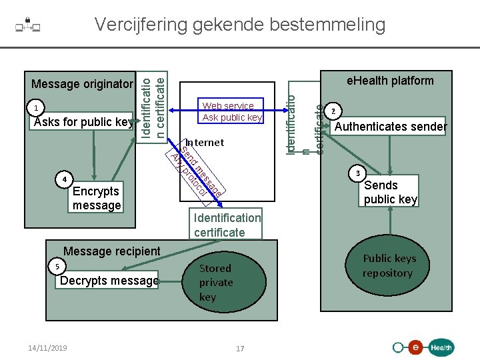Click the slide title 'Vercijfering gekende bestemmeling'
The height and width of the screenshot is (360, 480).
click(240, 25)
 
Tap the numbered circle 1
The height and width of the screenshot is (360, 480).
click(39, 109)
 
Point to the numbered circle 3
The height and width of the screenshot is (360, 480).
click(357, 174)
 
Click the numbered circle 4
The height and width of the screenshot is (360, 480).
click(63, 179)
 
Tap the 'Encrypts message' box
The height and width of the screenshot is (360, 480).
click(97, 198)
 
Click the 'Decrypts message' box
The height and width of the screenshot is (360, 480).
click(109, 281)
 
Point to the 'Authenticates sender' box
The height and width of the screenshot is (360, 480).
click(391, 127)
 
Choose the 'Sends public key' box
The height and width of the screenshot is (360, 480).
click(390, 192)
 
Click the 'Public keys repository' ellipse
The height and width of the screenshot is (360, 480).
click(389, 266)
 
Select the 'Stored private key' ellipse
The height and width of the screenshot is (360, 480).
click(216, 282)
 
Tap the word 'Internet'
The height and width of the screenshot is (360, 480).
click(205, 143)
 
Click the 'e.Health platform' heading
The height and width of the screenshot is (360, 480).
click(390, 81)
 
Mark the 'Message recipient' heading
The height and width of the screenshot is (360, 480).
click(112, 251)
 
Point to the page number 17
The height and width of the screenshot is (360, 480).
click(240, 348)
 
